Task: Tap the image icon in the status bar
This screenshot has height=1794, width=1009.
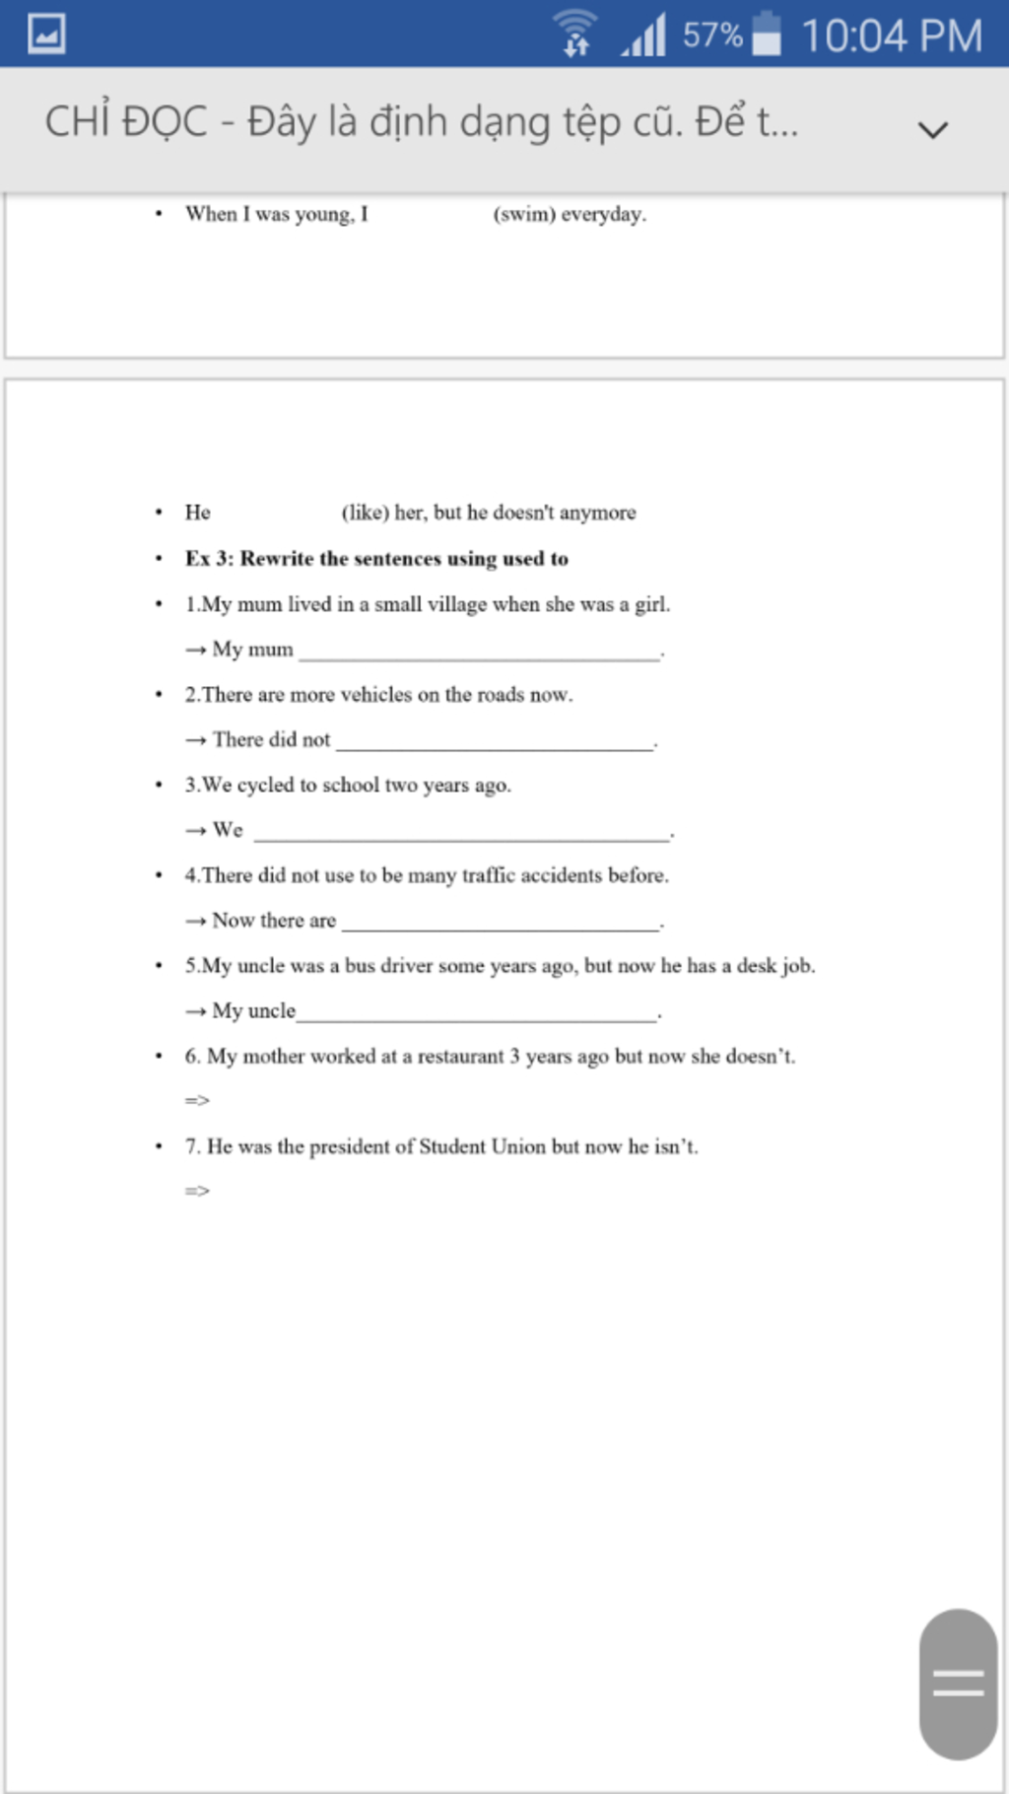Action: (46, 34)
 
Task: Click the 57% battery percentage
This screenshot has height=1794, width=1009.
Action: (711, 35)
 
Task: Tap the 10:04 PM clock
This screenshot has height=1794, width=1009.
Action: (891, 35)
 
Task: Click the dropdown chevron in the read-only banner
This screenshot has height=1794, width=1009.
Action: (932, 129)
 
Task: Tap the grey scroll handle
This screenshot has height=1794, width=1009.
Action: (958, 1684)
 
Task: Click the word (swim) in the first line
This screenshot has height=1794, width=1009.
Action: (524, 214)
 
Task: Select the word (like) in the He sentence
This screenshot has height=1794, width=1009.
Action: (365, 513)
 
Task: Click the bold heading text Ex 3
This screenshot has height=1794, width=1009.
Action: (209, 559)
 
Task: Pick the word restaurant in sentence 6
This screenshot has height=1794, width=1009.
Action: (460, 1057)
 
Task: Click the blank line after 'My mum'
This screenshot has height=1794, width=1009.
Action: (479, 653)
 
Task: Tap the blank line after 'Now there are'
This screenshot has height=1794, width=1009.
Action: (500, 924)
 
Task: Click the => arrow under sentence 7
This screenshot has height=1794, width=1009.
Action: (197, 1191)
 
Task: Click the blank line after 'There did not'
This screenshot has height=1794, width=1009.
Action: (495, 743)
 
